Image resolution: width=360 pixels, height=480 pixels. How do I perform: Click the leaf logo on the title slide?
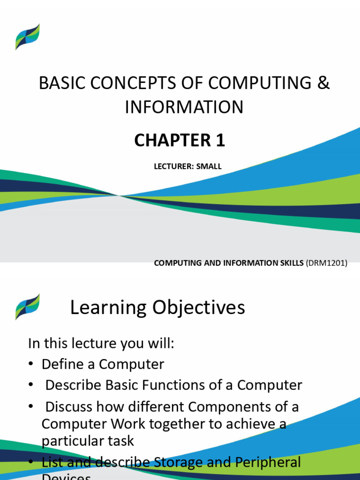pyautogui.click(x=27, y=37)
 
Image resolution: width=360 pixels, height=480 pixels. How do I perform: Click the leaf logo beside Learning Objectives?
pyautogui.click(x=27, y=307)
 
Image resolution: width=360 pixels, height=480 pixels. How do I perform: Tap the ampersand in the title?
pyautogui.click(x=323, y=83)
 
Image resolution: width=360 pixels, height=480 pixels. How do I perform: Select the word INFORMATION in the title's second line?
pyautogui.click(x=184, y=107)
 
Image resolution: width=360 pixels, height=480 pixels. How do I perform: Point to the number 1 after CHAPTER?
pyautogui.click(x=220, y=141)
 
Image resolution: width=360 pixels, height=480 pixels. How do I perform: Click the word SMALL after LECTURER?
pyautogui.click(x=210, y=166)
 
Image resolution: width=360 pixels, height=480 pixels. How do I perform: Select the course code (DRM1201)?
pyautogui.click(x=326, y=263)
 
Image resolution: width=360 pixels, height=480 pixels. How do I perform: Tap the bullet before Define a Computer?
pyautogui.click(x=31, y=365)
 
